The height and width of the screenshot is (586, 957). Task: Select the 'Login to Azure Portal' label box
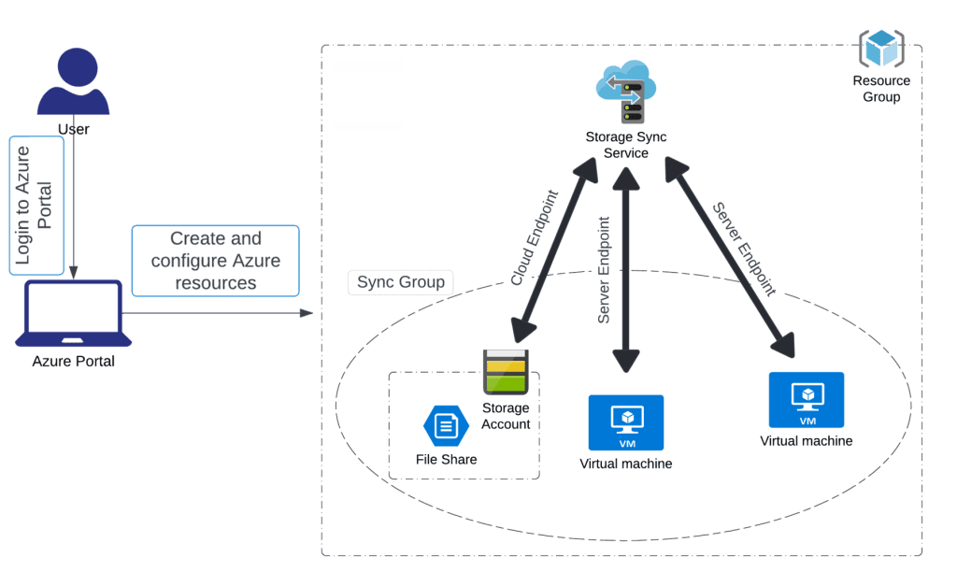(36, 206)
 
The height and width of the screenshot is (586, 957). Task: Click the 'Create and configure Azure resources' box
(216, 261)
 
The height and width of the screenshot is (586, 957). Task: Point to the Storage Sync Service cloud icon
(625, 90)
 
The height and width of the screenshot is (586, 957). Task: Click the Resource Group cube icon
(881, 50)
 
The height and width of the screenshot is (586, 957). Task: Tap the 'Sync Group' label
(401, 282)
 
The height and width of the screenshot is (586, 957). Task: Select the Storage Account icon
(506, 372)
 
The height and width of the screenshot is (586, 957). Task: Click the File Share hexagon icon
(446, 426)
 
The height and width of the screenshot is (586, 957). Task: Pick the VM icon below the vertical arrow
(626, 422)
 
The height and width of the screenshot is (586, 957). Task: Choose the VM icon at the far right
(806, 400)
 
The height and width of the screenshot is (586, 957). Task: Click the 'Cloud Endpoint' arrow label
(534, 238)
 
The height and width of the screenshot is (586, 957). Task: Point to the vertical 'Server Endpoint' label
(604, 270)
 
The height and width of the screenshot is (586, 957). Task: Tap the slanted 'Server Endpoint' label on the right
(744, 249)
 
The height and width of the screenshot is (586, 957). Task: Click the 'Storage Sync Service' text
(626, 145)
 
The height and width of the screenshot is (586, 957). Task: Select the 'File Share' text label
(446, 459)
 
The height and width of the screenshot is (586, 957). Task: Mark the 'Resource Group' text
(881, 89)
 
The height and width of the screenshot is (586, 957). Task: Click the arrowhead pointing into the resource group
(306, 312)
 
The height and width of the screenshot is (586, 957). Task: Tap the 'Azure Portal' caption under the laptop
(74, 361)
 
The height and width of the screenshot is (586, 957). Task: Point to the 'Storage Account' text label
(506, 416)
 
